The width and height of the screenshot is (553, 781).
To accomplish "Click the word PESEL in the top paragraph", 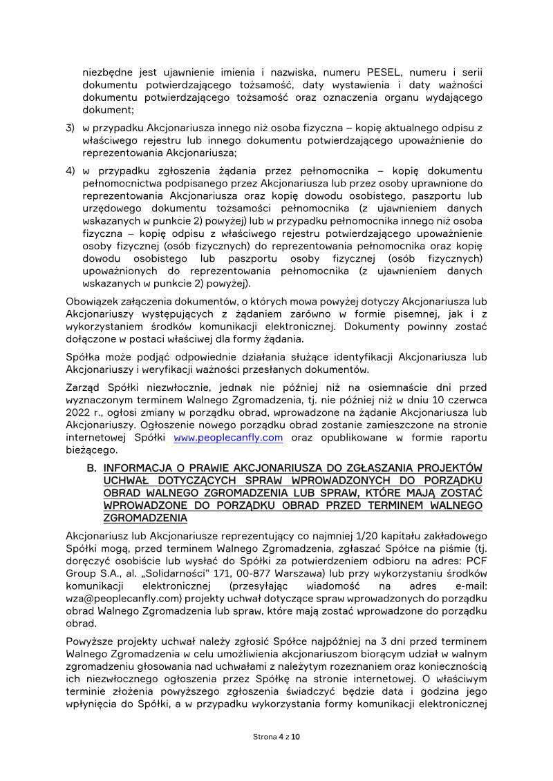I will (385, 73).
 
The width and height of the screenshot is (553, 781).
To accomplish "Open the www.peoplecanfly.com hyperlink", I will (228, 438).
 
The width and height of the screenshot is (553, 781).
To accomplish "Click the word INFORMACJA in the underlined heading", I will (143, 467).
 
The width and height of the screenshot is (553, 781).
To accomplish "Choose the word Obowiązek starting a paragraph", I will (93, 302).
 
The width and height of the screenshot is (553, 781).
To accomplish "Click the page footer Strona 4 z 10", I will (276, 737).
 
